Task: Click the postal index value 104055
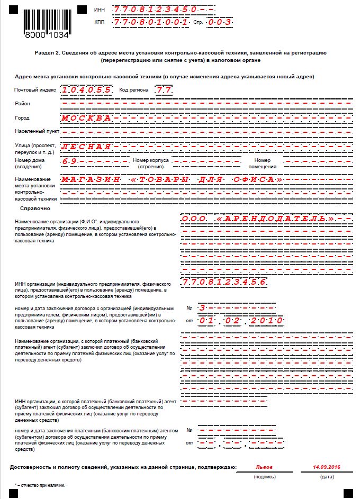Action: point(86,90)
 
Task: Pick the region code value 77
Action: point(164,90)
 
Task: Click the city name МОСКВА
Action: point(86,118)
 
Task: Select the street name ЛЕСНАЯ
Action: point(86,146)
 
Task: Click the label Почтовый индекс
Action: point(35,90)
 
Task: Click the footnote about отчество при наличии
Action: point(40,485)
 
